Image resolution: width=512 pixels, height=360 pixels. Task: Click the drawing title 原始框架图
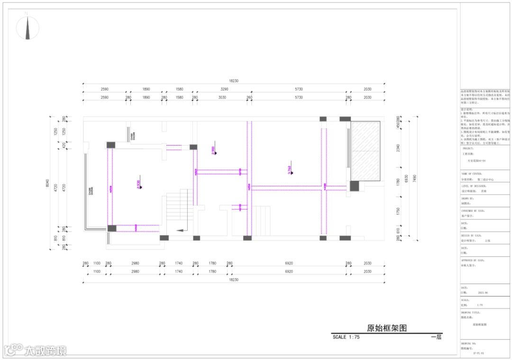tap(387, 328)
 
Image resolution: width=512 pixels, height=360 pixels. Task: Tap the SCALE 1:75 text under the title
tap(346, 337)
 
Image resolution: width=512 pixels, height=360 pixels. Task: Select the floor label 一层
tap(436, 337)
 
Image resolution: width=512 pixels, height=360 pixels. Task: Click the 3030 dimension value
tap(222, 97)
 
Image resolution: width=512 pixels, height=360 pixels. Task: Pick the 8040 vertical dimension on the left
tap(47, 182)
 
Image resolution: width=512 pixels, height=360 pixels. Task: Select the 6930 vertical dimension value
tap(406, 178)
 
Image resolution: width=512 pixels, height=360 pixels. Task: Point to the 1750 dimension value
tap(398, 212)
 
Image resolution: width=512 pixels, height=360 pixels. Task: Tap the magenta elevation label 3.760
tap(289, 170)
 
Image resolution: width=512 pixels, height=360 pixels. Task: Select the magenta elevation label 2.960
tap(213, 150)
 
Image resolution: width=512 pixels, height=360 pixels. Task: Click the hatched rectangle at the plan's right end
tap(366, 150)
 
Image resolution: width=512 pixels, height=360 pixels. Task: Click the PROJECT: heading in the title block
tap(468, 148)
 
